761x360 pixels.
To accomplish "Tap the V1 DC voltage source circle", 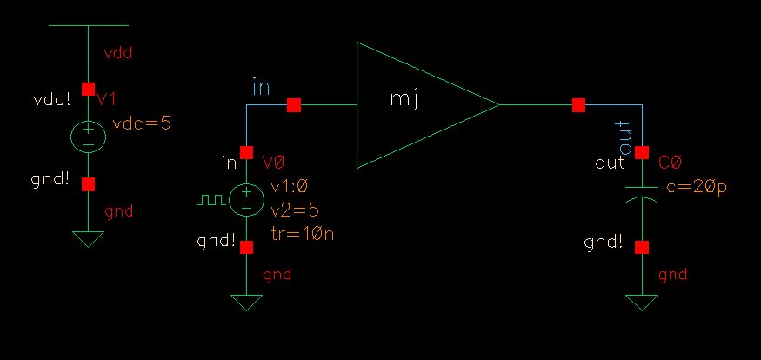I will [x=88, y=137].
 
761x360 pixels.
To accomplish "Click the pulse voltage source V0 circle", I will [x=247, y=200].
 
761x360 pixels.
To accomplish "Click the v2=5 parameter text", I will [x=290, y=209].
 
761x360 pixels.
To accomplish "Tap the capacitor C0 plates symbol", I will [x=642, y=196].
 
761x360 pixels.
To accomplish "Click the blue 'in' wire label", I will [x=261, y=87].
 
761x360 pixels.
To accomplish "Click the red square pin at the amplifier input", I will [x=294, y=105].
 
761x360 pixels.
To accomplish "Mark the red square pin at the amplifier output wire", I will [x=578, y=105].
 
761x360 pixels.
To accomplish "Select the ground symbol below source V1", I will [x=88, y=237].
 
